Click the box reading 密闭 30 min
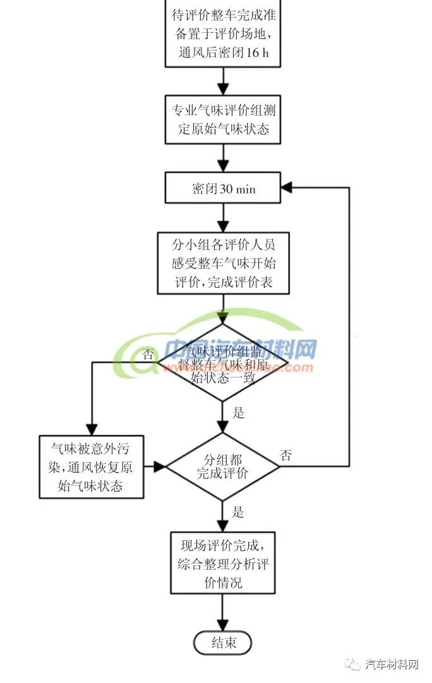(x=223, y=188)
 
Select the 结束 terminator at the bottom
(x=223, y=643)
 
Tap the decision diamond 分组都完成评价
(x=222, y=467)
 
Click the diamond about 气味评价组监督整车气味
(x=223, y=362)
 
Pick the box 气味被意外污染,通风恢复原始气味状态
(x=91, y=467)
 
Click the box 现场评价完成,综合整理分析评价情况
(x=223, y=563)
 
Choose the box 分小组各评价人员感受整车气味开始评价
(x=223, y=263)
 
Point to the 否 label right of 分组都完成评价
(x=286, y=455)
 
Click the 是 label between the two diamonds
(x=238, y=413)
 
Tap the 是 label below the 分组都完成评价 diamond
(x=238, y=512)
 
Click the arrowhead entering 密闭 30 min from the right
(x=287, y=188)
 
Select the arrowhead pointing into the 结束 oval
(x=223, y=625)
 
